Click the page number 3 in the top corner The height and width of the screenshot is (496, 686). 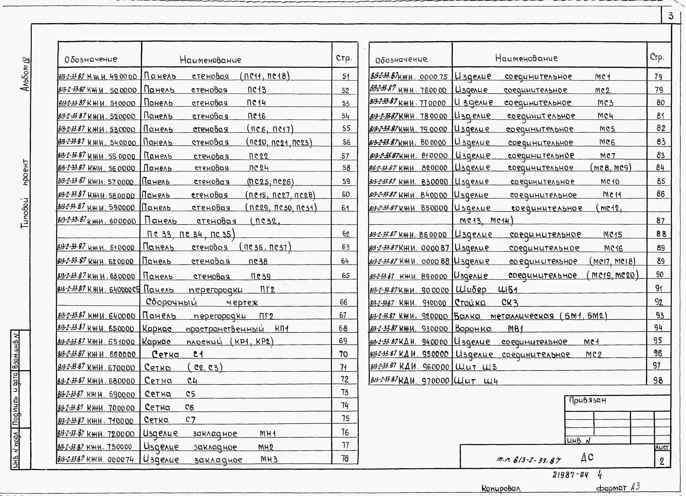tap(671, 16)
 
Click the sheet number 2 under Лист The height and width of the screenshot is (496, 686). tap(662, 461)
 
